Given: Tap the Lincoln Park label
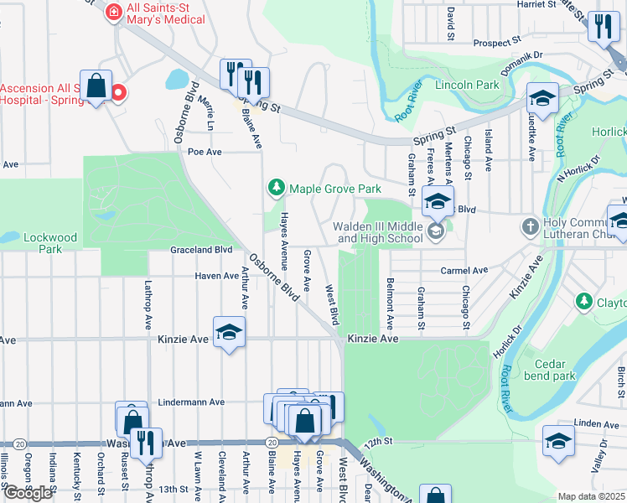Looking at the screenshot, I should click(x=467, y=85).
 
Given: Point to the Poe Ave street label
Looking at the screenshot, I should click(x=204, y=152).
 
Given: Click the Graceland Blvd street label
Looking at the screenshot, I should click(x=201, y=250).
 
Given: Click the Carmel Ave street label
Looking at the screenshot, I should click(x=464, y=271).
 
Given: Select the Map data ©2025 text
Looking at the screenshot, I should click(x=591, y=496).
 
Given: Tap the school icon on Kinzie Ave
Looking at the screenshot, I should click(x=229, y=333).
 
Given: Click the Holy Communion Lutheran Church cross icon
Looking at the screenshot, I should click(x=529, y=226).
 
